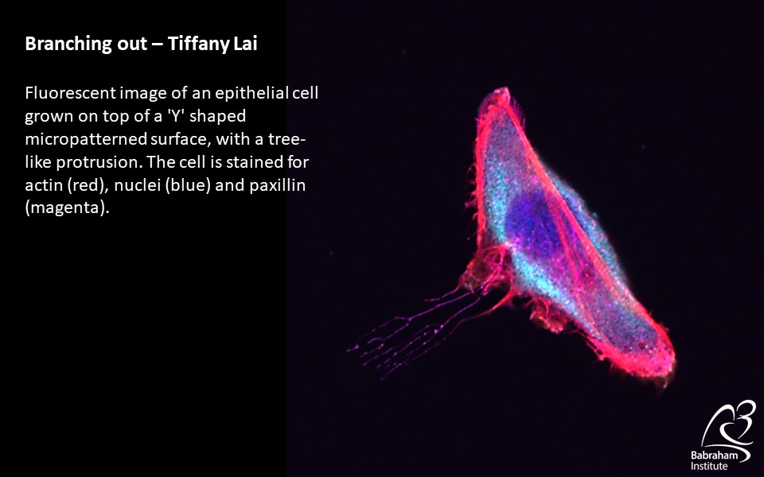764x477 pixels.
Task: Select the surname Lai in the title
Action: (245, 43)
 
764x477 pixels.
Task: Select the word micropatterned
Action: (85, 140)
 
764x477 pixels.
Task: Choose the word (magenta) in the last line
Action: (67, 208)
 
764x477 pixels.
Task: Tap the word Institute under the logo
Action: (708, 467)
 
